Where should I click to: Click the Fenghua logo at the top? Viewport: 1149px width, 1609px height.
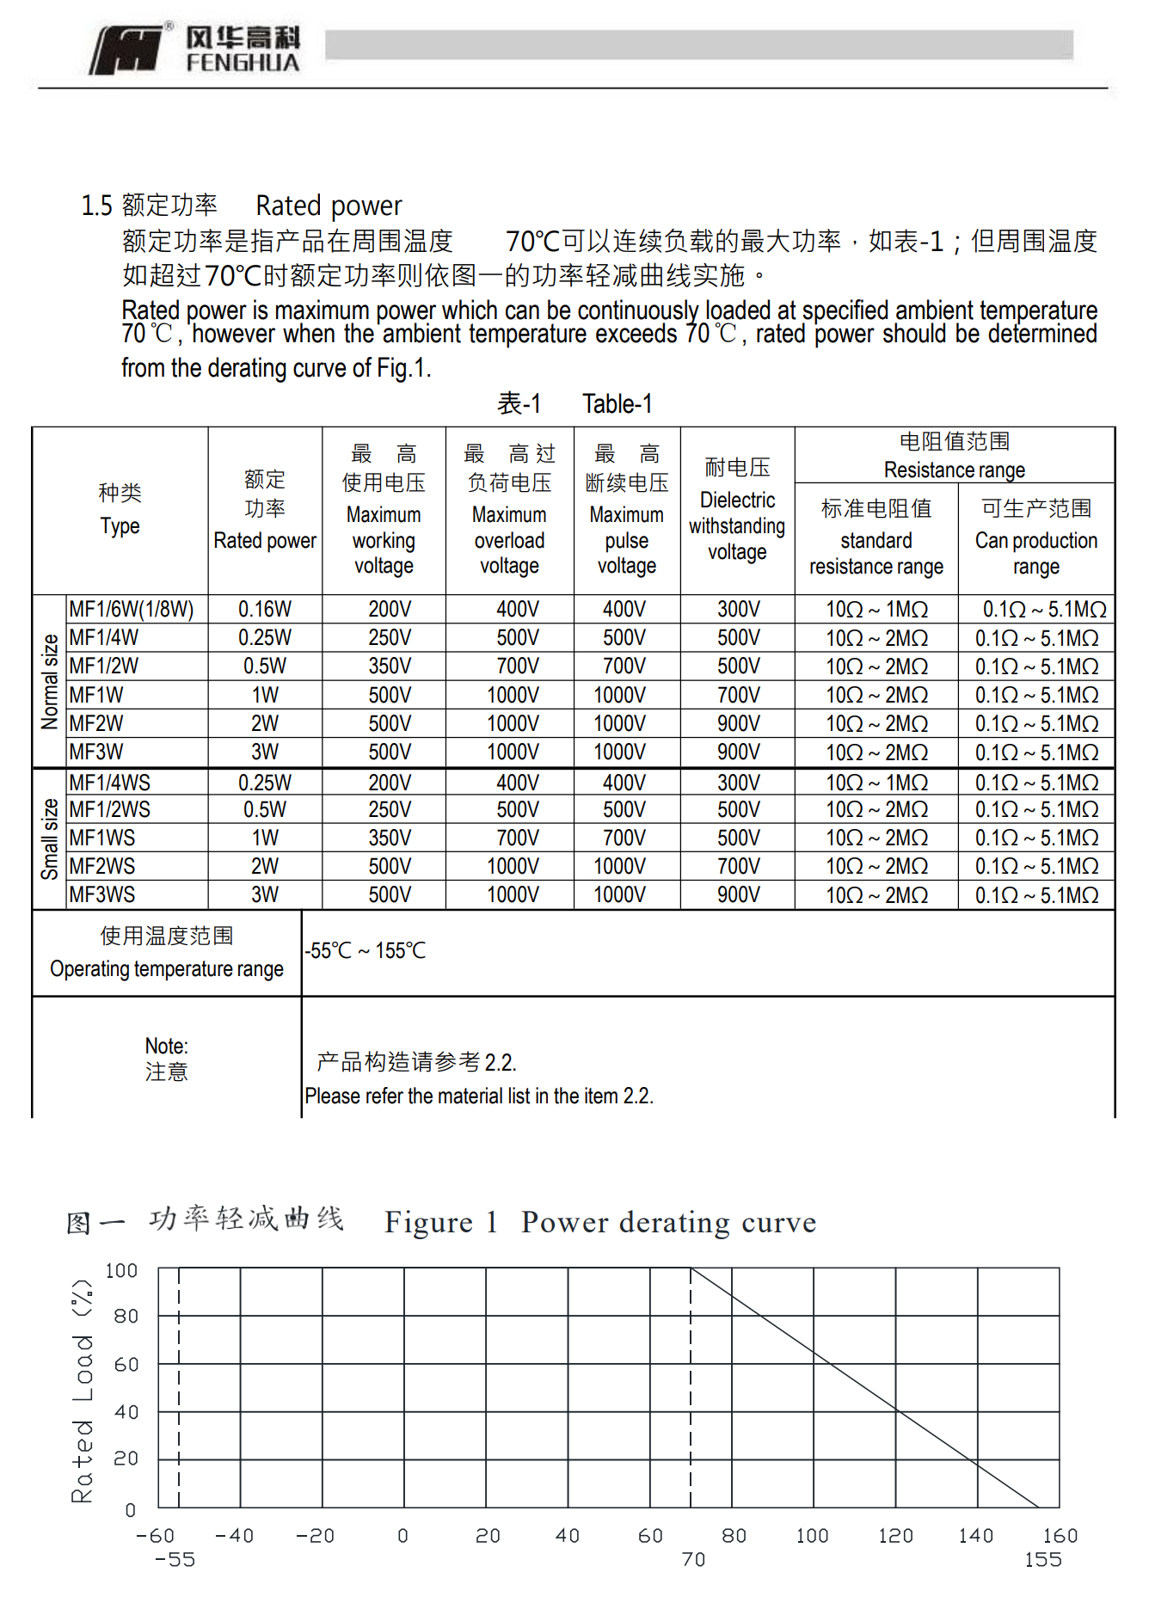pyautogui.click(x=195, y=49)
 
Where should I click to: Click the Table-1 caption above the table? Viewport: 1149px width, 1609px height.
pyautogui.click(x=617, y=403)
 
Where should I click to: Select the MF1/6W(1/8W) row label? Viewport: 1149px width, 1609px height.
pyautogui.click(x=132, y=610)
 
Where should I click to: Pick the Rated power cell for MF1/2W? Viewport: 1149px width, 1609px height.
pyautogui.click(x=264, y=666)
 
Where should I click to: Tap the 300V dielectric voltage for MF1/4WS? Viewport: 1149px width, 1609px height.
pyautogui.click(x=738, y=783)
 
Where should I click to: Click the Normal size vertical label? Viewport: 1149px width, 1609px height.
pyautogui.click(x=50, y=681)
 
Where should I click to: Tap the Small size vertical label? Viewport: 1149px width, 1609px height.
pyautogui.click(x=50, y=838)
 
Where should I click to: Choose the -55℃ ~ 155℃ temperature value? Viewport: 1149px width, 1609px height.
pyautogui.click(x=366, y=951)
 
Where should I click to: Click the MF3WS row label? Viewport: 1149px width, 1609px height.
pyautogui.click(x=102, y=895)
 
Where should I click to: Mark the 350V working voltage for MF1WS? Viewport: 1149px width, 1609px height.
pyautogui.click(x=390, y=838)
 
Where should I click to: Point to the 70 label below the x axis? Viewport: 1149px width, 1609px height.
pyautogui.click(x=693, y=1560)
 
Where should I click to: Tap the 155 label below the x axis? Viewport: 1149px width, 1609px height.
pyautogui.click(x=1042, y=1560)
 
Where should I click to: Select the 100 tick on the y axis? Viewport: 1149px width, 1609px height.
pyautogui.click(x=121, y=1271)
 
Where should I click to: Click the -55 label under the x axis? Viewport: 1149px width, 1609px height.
pyautogui.click(x=175, y=1560)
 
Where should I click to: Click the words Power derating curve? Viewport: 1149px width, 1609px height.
pyautogui.click(x=668, y=1222)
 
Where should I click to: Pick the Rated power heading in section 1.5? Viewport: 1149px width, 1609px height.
pyautogui.click(x=329, y=206)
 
